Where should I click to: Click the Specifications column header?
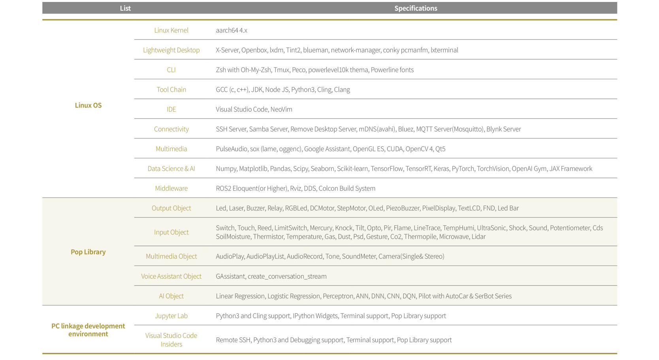coord(416,8)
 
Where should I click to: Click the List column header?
coord(125,8)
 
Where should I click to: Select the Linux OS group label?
coord(88,105)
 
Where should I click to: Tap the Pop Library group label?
coord(88,252)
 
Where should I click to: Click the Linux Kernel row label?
coord(171,30)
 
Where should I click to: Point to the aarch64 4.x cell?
coord(232,30)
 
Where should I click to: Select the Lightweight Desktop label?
coord(171,50)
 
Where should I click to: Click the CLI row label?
coord(171,70)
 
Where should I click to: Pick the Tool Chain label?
coord(171,89)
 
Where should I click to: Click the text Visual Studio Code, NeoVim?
coord(254,109)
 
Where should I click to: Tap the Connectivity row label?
coord(171,129)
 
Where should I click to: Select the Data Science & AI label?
coord(171,168)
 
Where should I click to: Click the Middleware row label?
coord(171,188)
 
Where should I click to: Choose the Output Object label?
coord(171,208)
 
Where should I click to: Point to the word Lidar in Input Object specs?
coord(478,236)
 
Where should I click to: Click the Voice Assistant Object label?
coord(171,276)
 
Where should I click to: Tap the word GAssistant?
coord(230,276)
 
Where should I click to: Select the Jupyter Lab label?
coord(171,316)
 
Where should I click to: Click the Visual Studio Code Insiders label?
coord(171,340)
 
